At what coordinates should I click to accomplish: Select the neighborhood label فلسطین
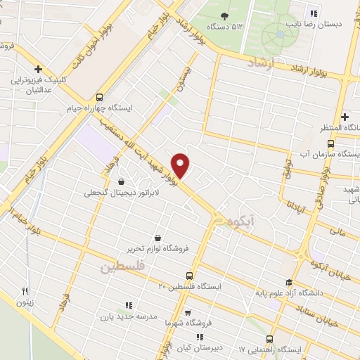[x=122, y=268]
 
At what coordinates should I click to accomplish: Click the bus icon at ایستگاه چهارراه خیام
[x=99, y=98]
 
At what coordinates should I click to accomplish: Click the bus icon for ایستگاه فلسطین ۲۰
[x=188, y=276]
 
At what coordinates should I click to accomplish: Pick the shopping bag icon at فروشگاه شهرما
[x=187, y=312]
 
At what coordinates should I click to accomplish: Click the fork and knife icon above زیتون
[x=25, y=291]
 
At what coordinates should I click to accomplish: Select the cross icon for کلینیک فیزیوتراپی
[x=39, y=70]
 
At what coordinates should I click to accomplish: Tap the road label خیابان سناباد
[x=335, y=303]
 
